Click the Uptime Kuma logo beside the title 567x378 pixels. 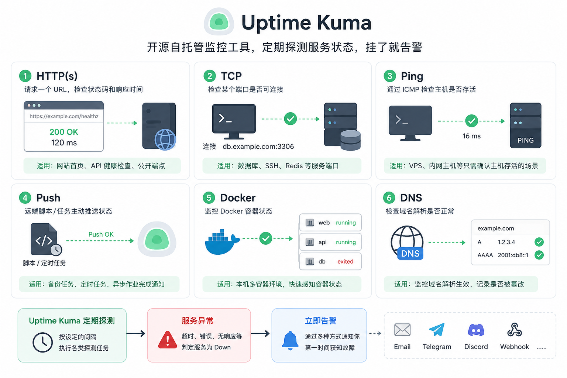click(219, 22)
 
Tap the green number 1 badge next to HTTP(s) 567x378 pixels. click(25, 76)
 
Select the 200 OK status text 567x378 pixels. click(64, 132)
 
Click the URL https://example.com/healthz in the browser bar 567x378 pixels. click(64, 116)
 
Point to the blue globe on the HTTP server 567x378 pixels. click(165, 140)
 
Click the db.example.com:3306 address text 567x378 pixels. click(258, 146)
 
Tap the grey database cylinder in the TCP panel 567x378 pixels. click(350, 140)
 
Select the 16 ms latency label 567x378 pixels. click(471, 136)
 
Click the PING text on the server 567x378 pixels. click(526, 140)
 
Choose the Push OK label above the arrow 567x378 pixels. click(101, 234)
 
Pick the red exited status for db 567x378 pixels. click(345, 262)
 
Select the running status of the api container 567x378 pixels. click(346, 242)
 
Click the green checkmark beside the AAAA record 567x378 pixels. click(539, 255)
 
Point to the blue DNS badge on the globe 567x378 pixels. click(410, 254)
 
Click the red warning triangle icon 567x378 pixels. click(168, 340)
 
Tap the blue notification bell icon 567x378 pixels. click(290, 340)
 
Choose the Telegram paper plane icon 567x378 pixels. click(437, 329)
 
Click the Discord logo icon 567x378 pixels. click(476, 330)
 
